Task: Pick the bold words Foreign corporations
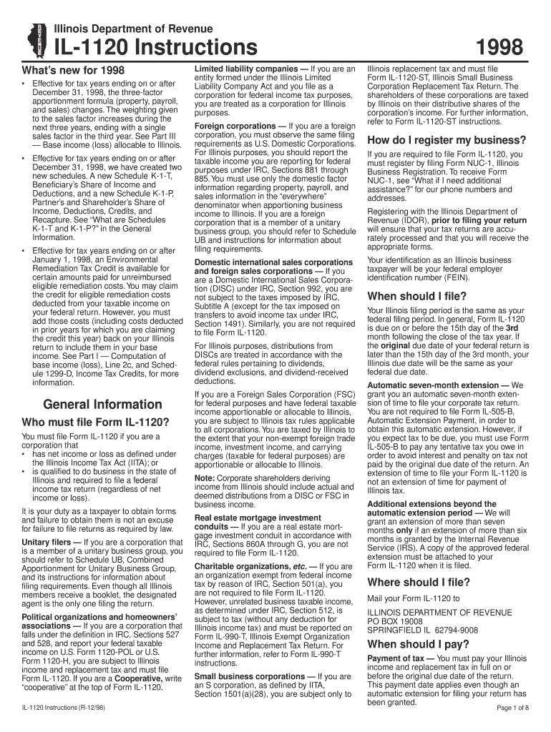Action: tap(230, 127)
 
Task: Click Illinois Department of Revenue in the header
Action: tap(135, 28)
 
